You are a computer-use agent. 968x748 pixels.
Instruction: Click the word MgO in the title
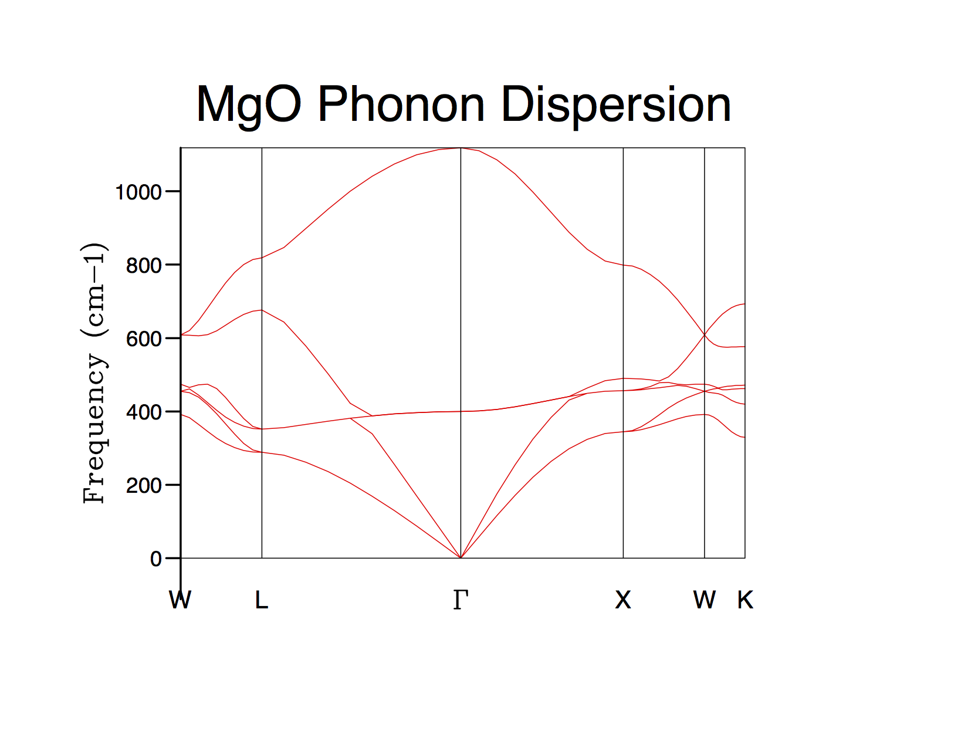[249, 105]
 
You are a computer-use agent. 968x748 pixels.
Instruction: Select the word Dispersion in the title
[616, 105]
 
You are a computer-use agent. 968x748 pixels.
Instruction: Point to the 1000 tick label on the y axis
[138, 192]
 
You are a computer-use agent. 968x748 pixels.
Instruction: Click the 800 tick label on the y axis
[143, 266]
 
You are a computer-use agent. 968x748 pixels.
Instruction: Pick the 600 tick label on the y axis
[143, 339]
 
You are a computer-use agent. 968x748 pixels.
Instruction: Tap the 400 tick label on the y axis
[143, 412]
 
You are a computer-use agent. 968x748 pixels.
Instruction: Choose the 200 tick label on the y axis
[143, 486]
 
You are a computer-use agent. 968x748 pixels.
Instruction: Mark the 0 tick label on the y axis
[155, 559]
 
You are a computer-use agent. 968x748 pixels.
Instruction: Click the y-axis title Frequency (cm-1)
[94, 373]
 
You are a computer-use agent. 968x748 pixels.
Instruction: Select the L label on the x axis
[262, 600]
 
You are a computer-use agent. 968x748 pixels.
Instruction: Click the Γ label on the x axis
[461, 600]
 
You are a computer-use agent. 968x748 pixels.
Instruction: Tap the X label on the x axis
[623, 600]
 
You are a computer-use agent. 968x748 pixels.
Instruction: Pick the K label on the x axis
[745, 600]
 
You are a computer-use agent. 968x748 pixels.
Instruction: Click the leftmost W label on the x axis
[180, 600]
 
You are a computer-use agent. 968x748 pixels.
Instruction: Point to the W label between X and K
[704, 600]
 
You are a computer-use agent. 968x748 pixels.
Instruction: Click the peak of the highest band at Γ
[461, 148]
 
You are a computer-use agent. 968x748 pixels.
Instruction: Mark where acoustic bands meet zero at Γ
[461, 557]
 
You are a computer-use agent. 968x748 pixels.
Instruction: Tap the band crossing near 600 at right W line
[705, 334]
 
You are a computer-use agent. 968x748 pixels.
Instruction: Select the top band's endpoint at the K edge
[744, 304]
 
